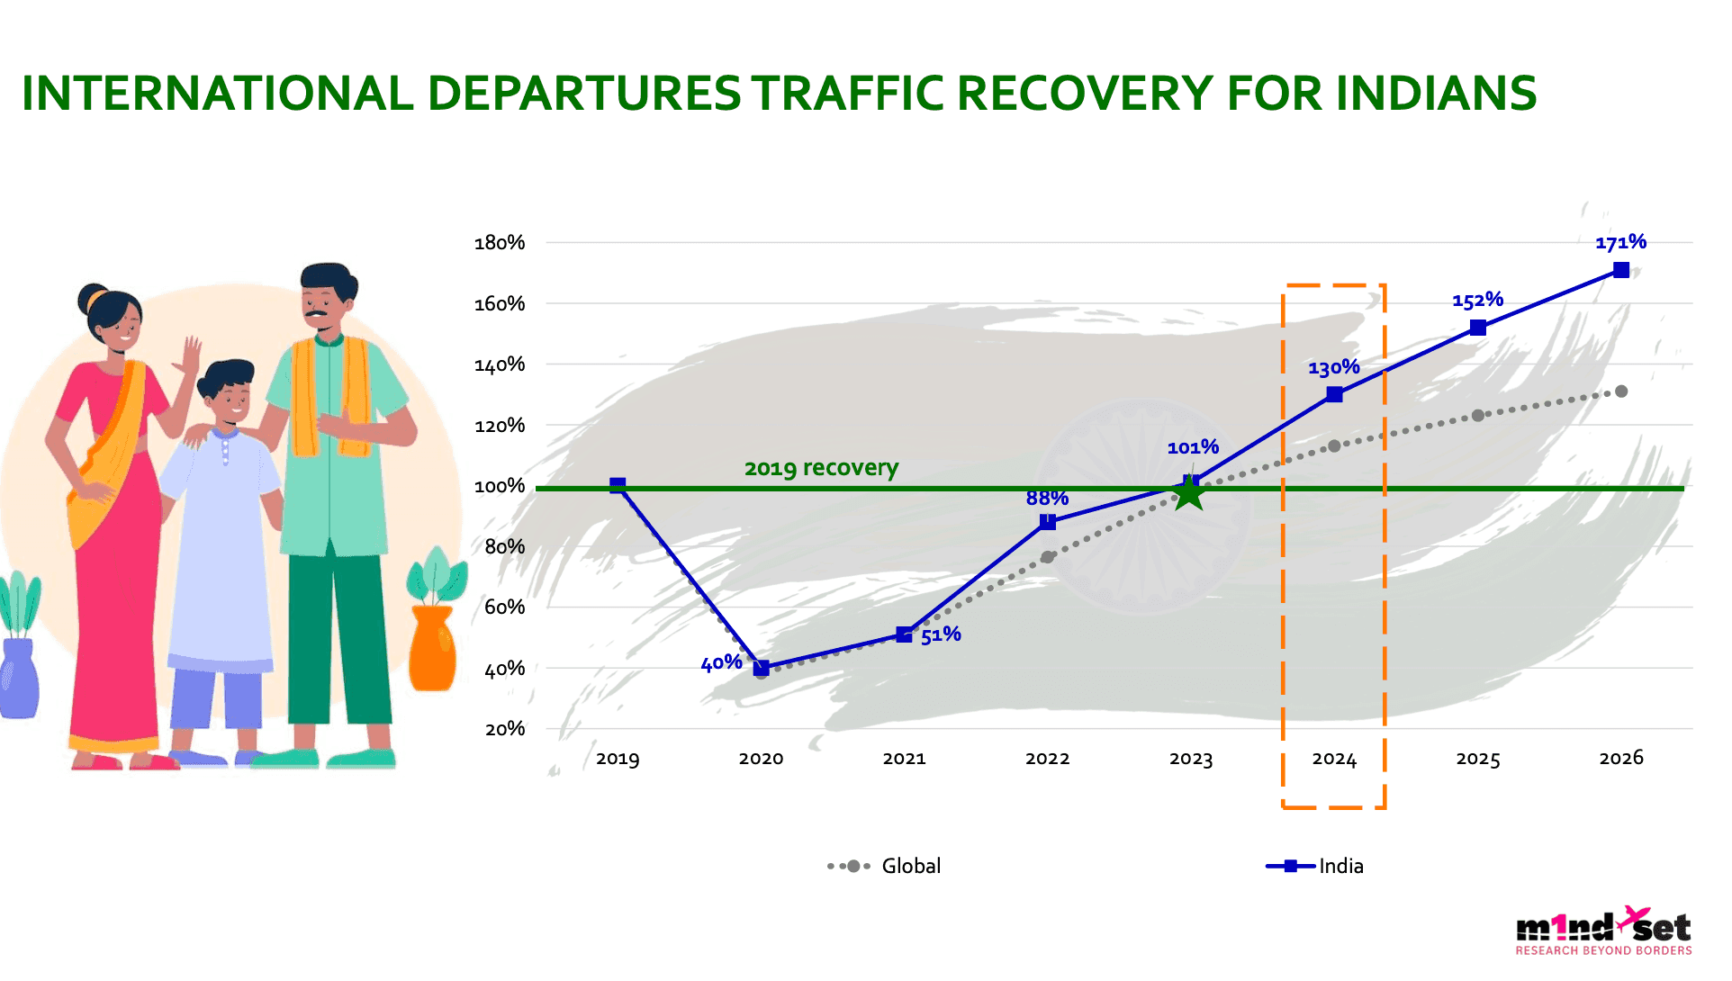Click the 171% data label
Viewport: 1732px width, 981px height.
(1620, 242)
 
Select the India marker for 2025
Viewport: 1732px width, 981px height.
(1477, 328)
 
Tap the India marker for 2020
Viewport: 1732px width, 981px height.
(762, 668)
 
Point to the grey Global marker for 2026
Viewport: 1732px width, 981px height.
(1621, 391)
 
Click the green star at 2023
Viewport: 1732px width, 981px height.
(1190, 492)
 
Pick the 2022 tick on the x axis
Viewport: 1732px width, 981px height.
(1047, 759)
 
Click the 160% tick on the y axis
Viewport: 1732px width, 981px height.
(500, 304)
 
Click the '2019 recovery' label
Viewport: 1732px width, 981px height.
(821, 468)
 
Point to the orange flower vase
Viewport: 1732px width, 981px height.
(433, 648)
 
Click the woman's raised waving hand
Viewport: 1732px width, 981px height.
(192, 355)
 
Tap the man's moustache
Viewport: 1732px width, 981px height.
(316, 314)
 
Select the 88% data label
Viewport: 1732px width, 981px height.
(1047, 498)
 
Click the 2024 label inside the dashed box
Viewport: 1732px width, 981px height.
(1334, 759)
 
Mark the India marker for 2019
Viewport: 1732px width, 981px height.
(618, 486)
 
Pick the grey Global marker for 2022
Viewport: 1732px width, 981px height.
(1047, 557)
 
